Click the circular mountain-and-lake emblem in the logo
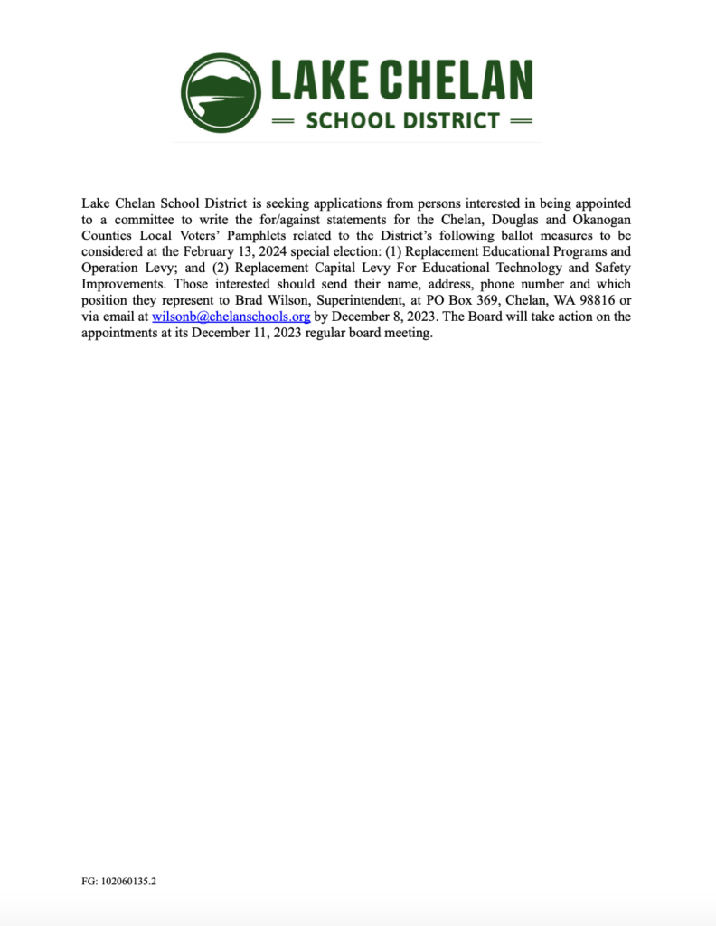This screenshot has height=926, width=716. pyautogui.click(x=220, y=91)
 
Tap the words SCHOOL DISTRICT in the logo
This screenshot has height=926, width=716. pyautogui.click(x=403, y=119)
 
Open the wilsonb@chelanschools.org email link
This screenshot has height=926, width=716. pyautogui.click(x=231, y=317)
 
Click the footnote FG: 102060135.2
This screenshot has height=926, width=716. pyautogui.click(x=118, y=880)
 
